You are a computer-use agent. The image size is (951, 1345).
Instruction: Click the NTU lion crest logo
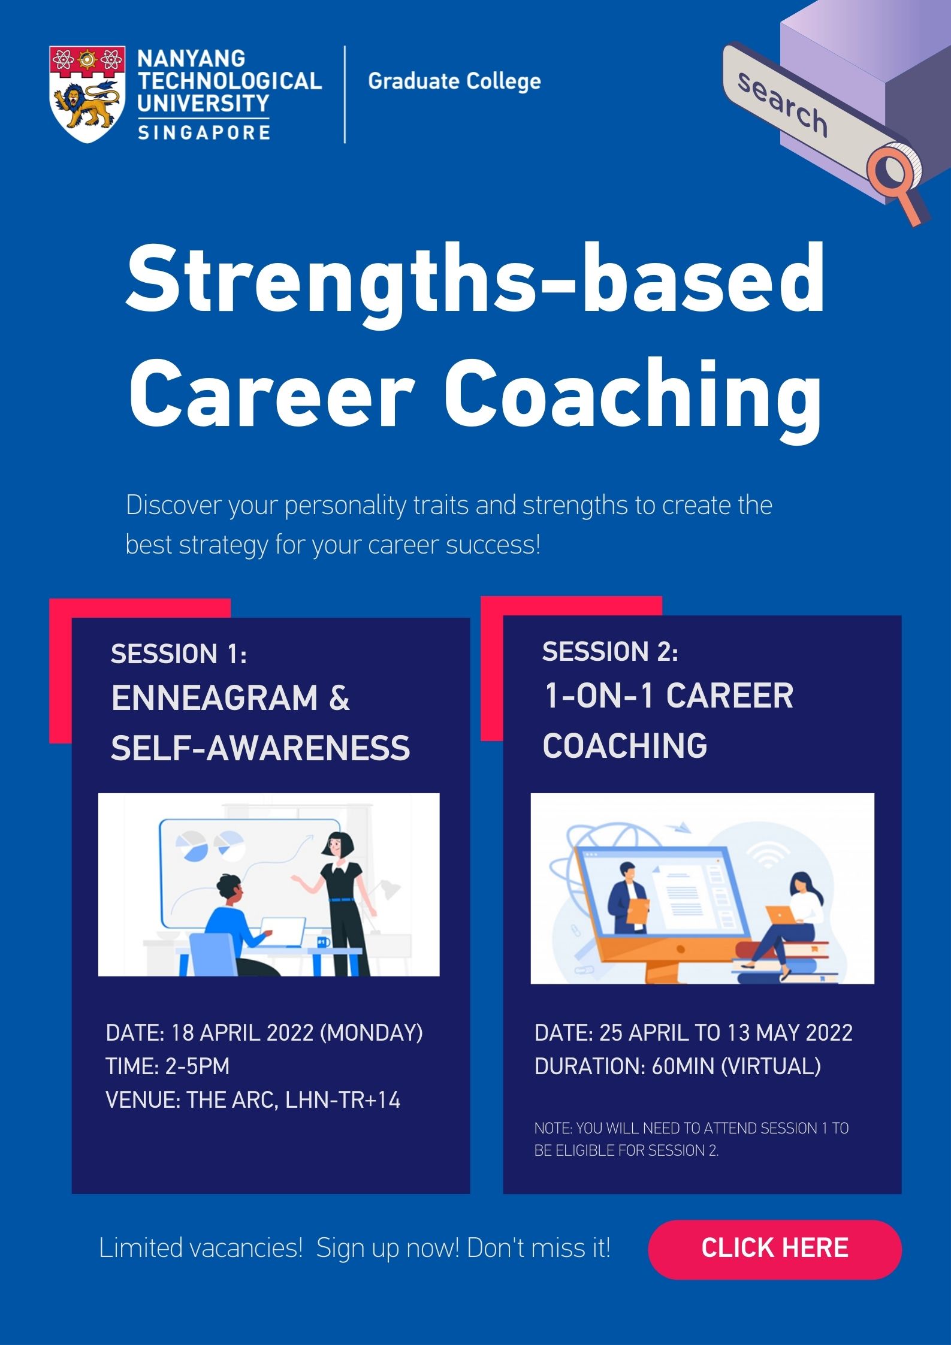87,94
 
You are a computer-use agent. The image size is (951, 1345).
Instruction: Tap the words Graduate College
454,81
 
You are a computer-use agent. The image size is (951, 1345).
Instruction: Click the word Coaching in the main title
633,395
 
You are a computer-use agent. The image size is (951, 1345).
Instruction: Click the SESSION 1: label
179,654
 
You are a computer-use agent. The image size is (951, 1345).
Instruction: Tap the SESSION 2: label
610,651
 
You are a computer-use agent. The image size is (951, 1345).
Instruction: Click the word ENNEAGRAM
215,699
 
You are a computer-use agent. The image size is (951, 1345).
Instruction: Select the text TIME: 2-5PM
168,1066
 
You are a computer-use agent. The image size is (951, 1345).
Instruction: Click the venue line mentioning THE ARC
253,1100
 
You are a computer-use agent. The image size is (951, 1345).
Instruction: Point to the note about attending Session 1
692,1139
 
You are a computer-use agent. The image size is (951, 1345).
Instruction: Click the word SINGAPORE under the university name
204,132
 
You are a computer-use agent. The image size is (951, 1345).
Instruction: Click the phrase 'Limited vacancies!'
201,1249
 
